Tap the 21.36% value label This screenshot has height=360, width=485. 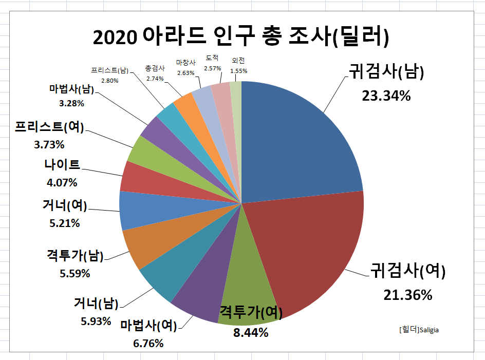[x=407, y=295]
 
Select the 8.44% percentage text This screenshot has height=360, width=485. [x=251, y=332]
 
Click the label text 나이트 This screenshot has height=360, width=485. [x=62, y=165]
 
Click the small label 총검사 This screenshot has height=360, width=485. [x=155, y=68]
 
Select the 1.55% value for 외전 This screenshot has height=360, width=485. [x=239, y=70]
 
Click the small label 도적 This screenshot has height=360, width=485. [x=212, y=58]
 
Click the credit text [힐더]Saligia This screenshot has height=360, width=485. [x=419, y=330]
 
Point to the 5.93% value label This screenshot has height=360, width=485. [x=96, y=321]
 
